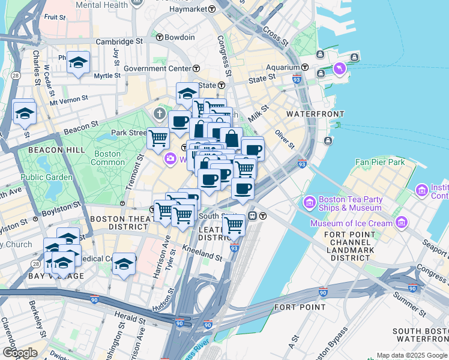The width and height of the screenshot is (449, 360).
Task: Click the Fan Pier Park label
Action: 380,162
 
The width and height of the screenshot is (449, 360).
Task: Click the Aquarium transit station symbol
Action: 306,68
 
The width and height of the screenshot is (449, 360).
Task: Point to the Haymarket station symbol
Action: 212,9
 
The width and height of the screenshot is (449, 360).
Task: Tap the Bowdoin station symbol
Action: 160,37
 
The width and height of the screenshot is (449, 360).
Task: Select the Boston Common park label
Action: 108,158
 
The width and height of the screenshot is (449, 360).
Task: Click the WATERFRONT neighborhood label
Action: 315,114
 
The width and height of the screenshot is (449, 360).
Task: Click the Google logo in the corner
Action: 20,353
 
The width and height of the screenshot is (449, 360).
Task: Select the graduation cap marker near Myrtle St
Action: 79,63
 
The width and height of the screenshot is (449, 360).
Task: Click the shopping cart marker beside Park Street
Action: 158,138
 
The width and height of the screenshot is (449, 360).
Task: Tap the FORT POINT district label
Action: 291,307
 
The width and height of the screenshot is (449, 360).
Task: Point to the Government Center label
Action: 157,68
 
